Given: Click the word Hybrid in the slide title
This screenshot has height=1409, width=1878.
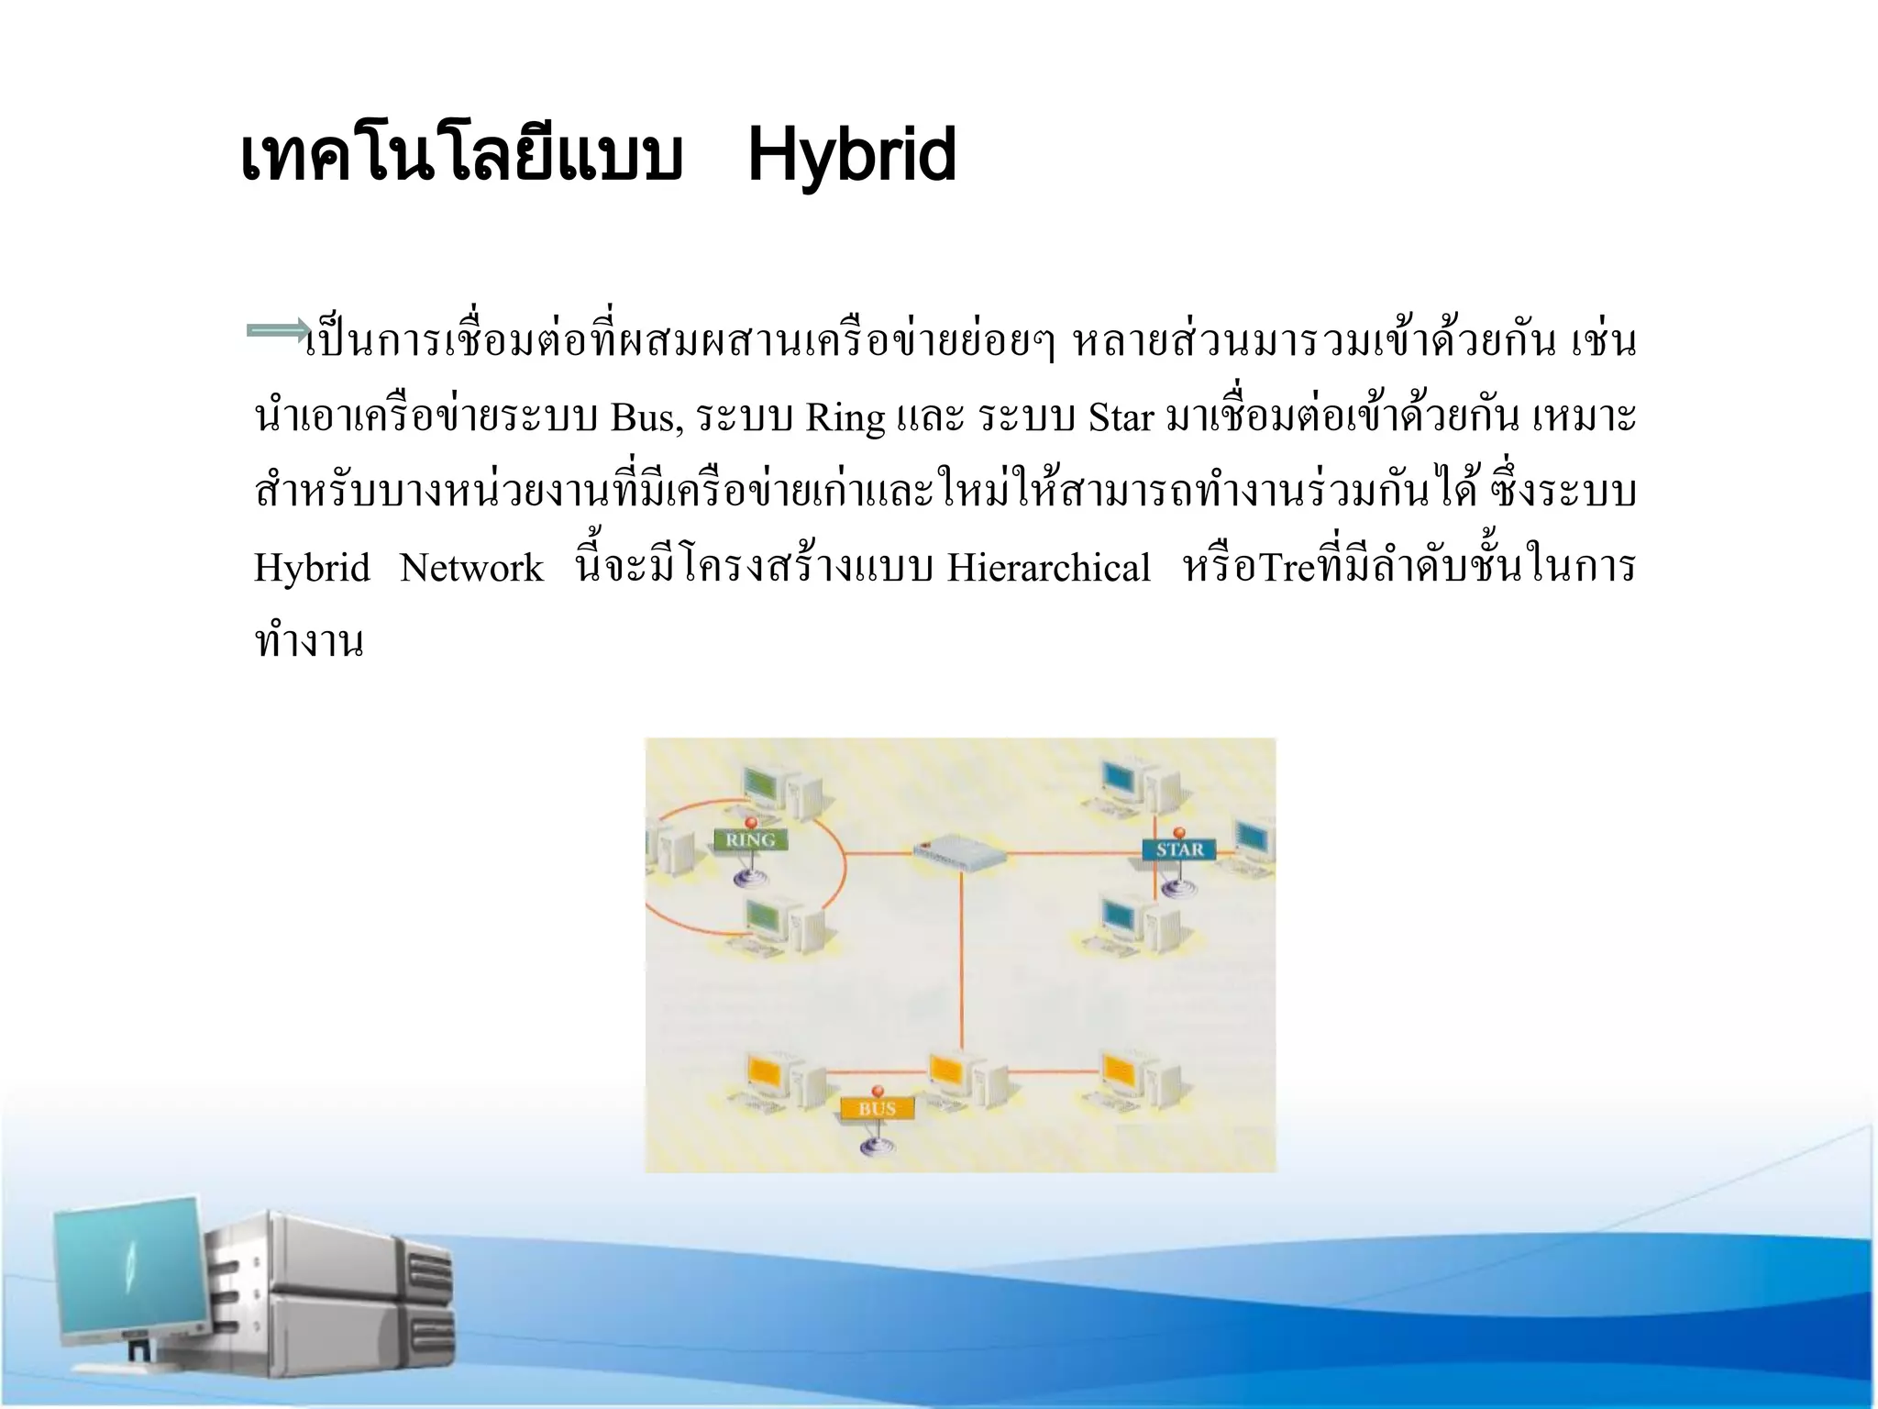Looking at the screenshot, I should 851,158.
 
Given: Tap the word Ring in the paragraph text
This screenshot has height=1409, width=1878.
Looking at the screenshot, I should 845,418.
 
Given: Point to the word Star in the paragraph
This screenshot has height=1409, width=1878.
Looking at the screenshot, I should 1121,418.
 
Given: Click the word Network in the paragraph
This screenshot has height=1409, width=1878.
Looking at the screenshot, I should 471,569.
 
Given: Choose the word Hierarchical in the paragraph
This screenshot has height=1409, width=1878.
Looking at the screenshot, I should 1048,569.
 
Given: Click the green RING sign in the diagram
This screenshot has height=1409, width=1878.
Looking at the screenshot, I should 750,839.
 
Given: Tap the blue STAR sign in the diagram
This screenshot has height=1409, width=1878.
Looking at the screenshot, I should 1179,849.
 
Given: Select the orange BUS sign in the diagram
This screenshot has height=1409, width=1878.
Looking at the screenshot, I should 877,1109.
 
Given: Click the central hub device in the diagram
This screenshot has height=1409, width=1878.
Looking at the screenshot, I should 959,853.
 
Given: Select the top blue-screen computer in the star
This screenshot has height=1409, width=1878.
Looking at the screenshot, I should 1132,784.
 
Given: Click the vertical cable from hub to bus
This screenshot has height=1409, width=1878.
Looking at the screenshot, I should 962,963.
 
